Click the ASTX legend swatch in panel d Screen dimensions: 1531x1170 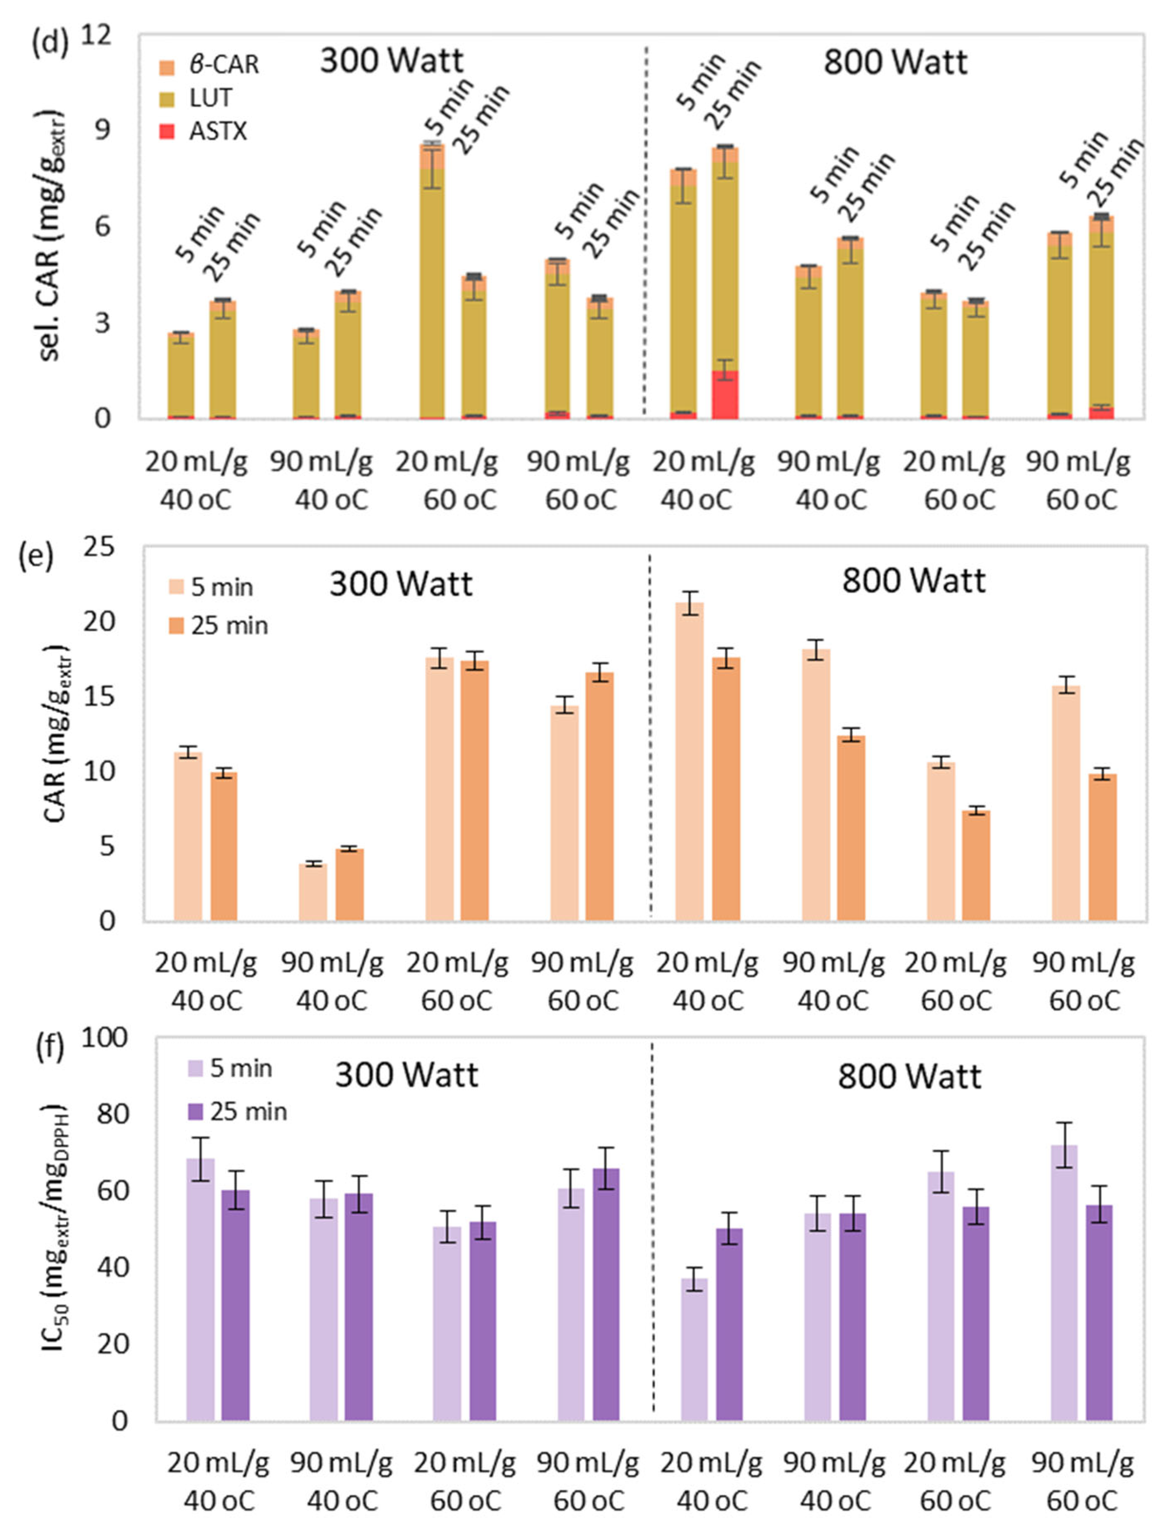(166, 131)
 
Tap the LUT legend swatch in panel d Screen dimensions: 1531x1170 (166, 99)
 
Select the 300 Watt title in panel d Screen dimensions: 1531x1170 (391, 61)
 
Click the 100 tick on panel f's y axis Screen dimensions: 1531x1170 (104, 1038)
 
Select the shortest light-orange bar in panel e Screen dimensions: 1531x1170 (313, 892)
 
